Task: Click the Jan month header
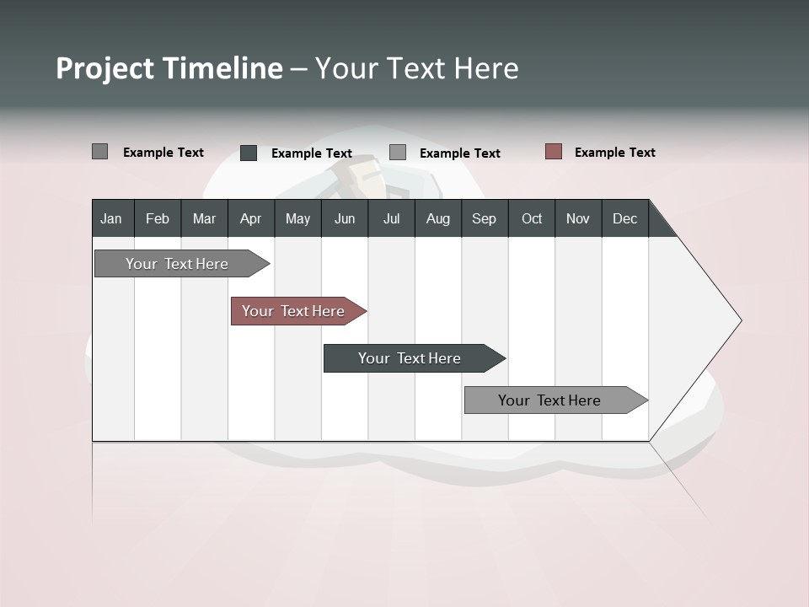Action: tap(111, 218)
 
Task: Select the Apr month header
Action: tap(250, 218)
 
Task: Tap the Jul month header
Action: tap(391, 218)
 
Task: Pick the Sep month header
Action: tap(484, 218)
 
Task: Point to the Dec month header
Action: tap(624, 218)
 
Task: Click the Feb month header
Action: tap(158, 218)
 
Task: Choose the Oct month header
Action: tap(532, 218)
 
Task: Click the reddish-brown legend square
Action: tap(554, 152)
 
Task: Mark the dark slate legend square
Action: tap(249, 153)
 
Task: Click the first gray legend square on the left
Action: tap(100, 152)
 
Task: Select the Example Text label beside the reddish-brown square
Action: tap(614, 153)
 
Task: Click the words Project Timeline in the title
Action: tap(169, 68)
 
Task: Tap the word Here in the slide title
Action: tap(486, 68)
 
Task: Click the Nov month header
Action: tap(578, 218)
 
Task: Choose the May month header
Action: tap(297, 218)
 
